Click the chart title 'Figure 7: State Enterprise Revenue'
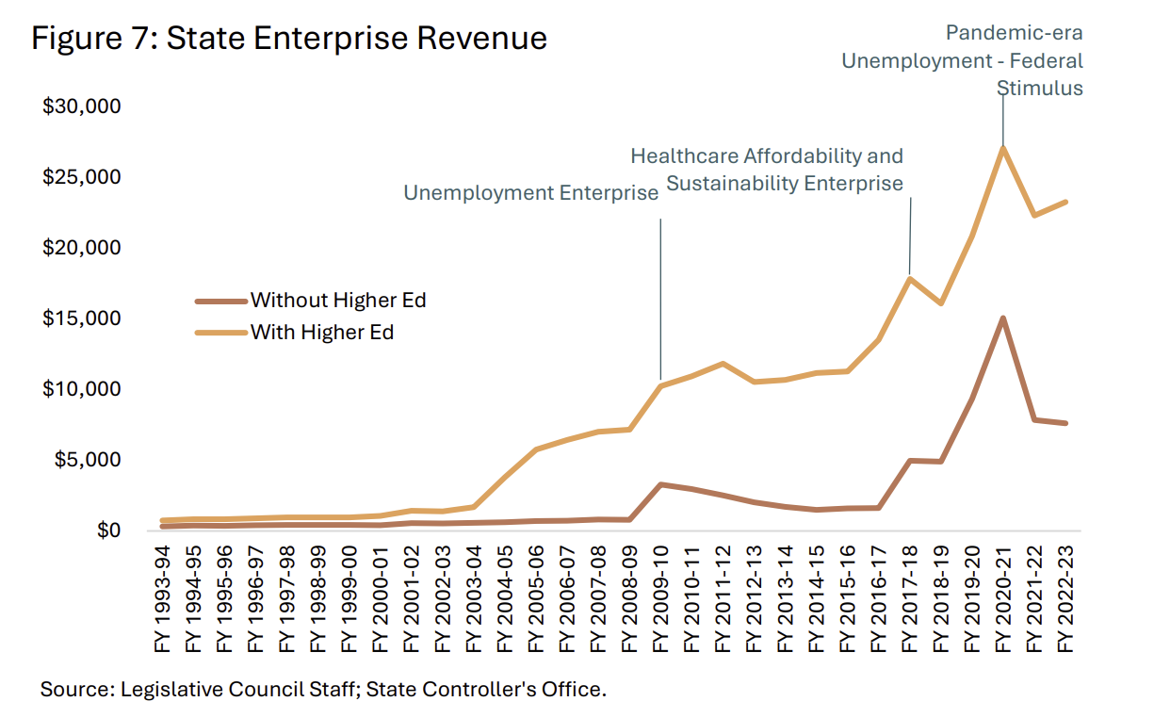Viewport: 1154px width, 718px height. [x=289, y=39]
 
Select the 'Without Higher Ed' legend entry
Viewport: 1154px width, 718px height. [x=337, y=301]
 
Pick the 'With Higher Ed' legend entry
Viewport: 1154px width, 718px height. [x=321, y=332]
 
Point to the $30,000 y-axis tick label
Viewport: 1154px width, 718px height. [x=82, y=106]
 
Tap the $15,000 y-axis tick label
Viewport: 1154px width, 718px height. [x=82, y=318]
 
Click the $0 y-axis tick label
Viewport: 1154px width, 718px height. [x=106, y=530]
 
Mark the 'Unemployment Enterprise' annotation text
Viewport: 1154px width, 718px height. [x=531, y=193]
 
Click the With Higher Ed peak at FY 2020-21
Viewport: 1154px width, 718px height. [x=1003, y=147]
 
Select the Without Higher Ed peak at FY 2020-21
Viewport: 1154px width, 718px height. [x=1003, y=318]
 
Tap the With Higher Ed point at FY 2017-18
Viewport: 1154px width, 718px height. [x=910, y=277]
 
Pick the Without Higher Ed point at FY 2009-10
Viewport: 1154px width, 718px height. [x=661, y=484]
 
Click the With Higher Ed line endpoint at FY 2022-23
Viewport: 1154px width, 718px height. [x=1065, y=202]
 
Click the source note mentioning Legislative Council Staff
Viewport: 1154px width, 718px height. [x=323, y=689]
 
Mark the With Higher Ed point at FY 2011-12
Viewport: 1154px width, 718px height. [x=723, y=364]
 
